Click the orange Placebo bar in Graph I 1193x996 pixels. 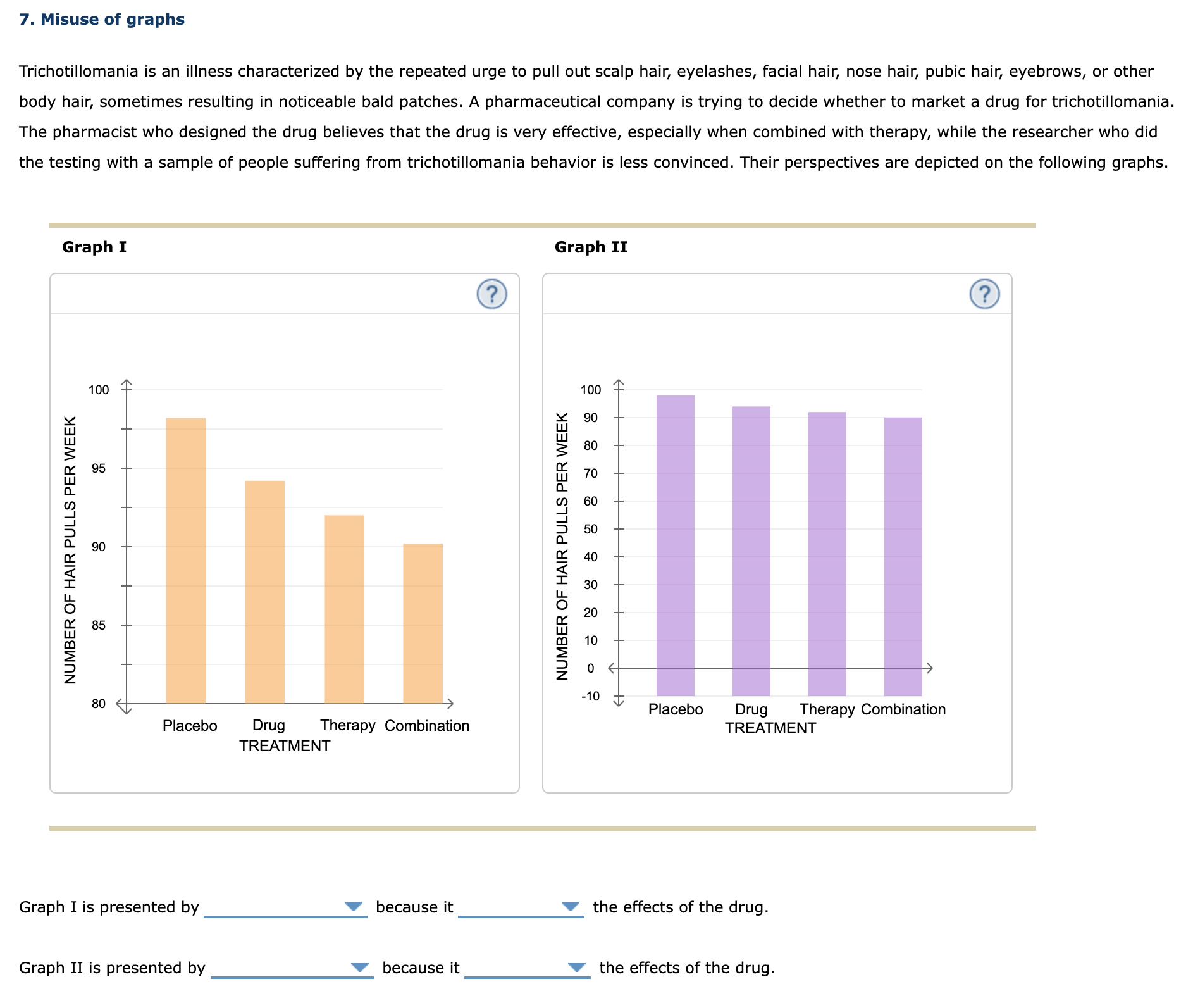pos(185,560)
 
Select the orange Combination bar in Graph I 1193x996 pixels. pos(423,623)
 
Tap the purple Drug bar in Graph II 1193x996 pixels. pos(751,551)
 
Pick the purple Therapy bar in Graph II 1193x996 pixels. pos(827,554)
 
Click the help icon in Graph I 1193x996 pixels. pos(491,294)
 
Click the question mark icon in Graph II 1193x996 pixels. pos(984,294)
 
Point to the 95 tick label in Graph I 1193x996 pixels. pos(99,469)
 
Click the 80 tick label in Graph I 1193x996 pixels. pos(99,704)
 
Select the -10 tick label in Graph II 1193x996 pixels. pos(590,696)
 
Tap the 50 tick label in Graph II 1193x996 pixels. pos(590,529)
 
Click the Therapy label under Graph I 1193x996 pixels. pos(347,725)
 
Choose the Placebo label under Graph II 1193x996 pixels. pos(675,709)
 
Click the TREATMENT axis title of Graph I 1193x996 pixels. pos(285,746)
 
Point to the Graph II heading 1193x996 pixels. pos(591,247)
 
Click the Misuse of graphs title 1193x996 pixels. pos(102,20)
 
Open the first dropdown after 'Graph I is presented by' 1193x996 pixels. pos(285,907)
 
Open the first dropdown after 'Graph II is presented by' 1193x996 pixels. pos(292,968)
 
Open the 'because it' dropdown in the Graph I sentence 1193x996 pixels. pos(520,907)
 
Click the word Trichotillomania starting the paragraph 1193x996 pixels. pos(78,71)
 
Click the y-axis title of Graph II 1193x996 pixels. pos(562,545)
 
